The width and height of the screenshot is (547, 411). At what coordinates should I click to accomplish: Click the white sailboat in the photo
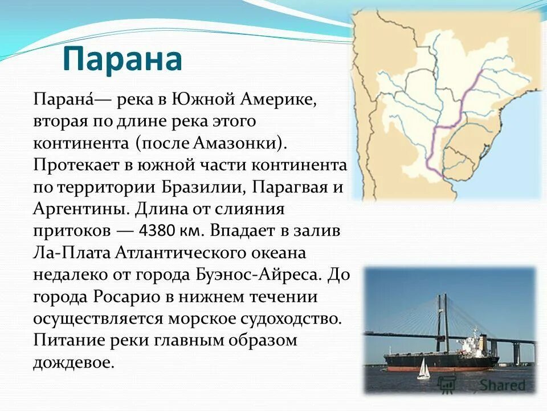[x=423, y=369]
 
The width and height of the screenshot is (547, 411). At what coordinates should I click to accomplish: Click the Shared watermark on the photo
[x=501, y=385]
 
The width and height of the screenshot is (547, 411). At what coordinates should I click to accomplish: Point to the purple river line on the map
[x=456, y=120]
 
